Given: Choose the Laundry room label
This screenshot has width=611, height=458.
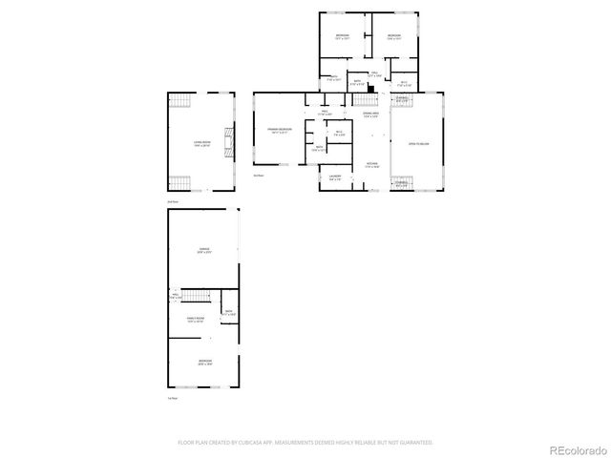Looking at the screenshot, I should pos(335,177).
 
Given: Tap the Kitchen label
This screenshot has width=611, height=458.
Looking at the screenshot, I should pos(371,164).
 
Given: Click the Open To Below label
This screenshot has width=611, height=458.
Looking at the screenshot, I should pos(418,143).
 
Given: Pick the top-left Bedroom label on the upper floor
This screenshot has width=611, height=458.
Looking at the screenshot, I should pos(342,37).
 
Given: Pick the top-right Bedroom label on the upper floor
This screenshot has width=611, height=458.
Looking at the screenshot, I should pos(393,37).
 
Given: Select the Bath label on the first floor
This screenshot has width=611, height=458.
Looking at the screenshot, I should pos(228,312).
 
